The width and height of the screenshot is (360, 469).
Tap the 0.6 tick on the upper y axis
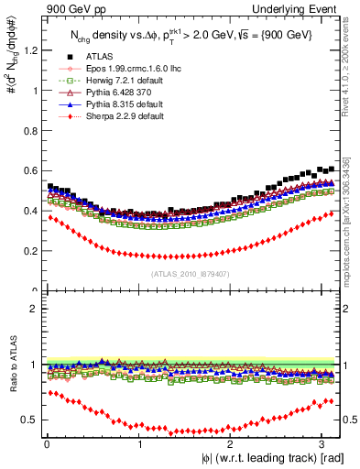pyautogui.click(x=29, y=171)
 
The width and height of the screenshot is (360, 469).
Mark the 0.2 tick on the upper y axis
pyautogui.click(x=29, y=250)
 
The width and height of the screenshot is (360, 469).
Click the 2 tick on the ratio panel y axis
pyautogui.click(x=34, y=309)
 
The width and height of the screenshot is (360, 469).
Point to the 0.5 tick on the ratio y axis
pyautogui.click(x=29, y=420)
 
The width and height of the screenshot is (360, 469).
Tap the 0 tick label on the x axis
pyautogui.click(x=47, y=444)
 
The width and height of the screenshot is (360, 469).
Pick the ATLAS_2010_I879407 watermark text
pyautogui.click(x=191, y=274)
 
